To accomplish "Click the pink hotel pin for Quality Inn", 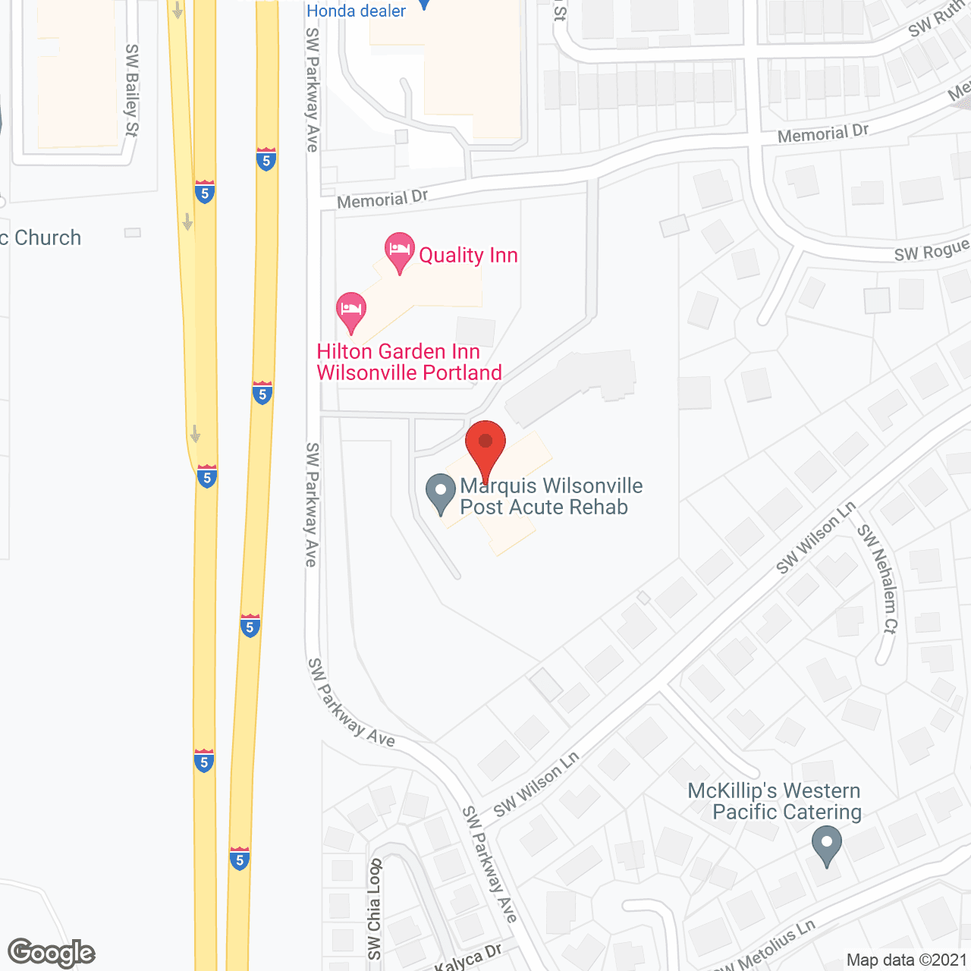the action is click(x=399, y=251).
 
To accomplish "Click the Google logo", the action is click(x=52, y=953).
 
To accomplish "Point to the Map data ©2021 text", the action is click(x=907, y=960).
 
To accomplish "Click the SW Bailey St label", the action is click(x=132, y=90).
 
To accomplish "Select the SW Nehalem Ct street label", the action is click(x=878, y=578).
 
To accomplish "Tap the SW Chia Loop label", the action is click(x=375, y=909).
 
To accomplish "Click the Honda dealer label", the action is click(x=356, y=11).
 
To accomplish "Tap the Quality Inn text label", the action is click(x=468, y=255).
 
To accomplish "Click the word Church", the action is click(x=48, y=237).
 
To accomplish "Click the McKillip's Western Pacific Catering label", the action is click(x=775, y=801).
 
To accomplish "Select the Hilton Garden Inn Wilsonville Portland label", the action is click(x=409, y=362).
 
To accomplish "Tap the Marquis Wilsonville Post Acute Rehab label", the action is click(x=551, y=496).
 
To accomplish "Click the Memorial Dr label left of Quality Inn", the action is click(x=382, y=199).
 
